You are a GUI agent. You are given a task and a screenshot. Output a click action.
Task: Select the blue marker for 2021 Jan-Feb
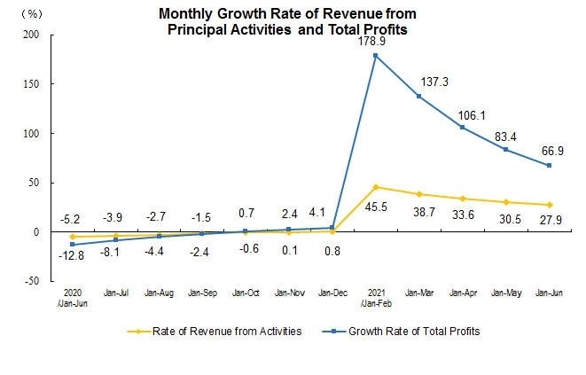coord(376,56)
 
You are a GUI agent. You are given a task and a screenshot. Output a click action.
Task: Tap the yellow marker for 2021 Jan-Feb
coord(376,187)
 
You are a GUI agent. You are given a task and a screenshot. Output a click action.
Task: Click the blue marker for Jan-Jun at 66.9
coord(550,166)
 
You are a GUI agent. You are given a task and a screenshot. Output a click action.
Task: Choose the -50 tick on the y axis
coord(32,281)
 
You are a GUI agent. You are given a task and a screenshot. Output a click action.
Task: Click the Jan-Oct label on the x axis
coord(246,292)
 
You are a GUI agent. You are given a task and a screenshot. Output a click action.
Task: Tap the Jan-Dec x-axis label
coord(332,292)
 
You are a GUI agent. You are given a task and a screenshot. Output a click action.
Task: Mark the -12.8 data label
coord(73,256)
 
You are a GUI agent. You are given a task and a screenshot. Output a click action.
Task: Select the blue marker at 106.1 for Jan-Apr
coord(463,127)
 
